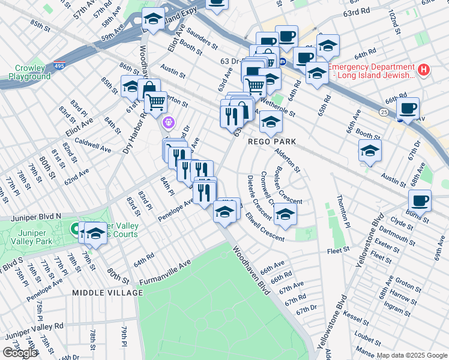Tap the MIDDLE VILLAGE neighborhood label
point(107,293)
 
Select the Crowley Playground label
point(29,73)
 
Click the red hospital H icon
point(424,70)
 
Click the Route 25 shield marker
point(383,112)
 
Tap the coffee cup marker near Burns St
point(420,201)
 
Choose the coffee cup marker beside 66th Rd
point(408,109)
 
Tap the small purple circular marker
point(169,123)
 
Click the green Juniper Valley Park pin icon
point(77,229)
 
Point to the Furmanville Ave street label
point(165,272)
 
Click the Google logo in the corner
point(20,352)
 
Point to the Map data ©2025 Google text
point(412,355)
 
